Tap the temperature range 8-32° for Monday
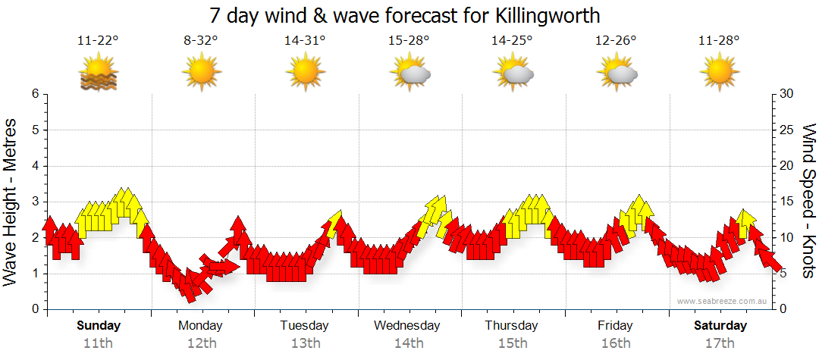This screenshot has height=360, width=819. tap(201, 41)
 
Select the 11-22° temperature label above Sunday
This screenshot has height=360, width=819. tap(98, 41)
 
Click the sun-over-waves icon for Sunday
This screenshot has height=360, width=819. tap(98, 74)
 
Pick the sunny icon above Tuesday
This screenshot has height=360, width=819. tap(305, 73)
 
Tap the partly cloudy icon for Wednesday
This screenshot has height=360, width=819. tap(409, 73)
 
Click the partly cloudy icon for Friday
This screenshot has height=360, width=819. tap(617, 73)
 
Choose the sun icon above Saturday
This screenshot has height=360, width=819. tap(720, 73)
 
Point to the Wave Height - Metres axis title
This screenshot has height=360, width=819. tap(11, 202)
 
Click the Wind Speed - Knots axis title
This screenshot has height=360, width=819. tap(808, 202)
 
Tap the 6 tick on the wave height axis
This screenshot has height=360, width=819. tap(35, 94)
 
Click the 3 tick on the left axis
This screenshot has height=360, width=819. tap(35, 202)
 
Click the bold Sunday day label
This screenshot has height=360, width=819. tap(98, 326)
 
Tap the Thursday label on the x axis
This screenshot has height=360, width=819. tap(511, 326)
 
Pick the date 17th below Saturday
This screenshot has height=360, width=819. tap(720, 343)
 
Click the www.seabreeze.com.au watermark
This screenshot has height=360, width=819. tap(723, 301)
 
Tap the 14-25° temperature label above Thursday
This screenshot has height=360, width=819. tap(512, 41)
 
